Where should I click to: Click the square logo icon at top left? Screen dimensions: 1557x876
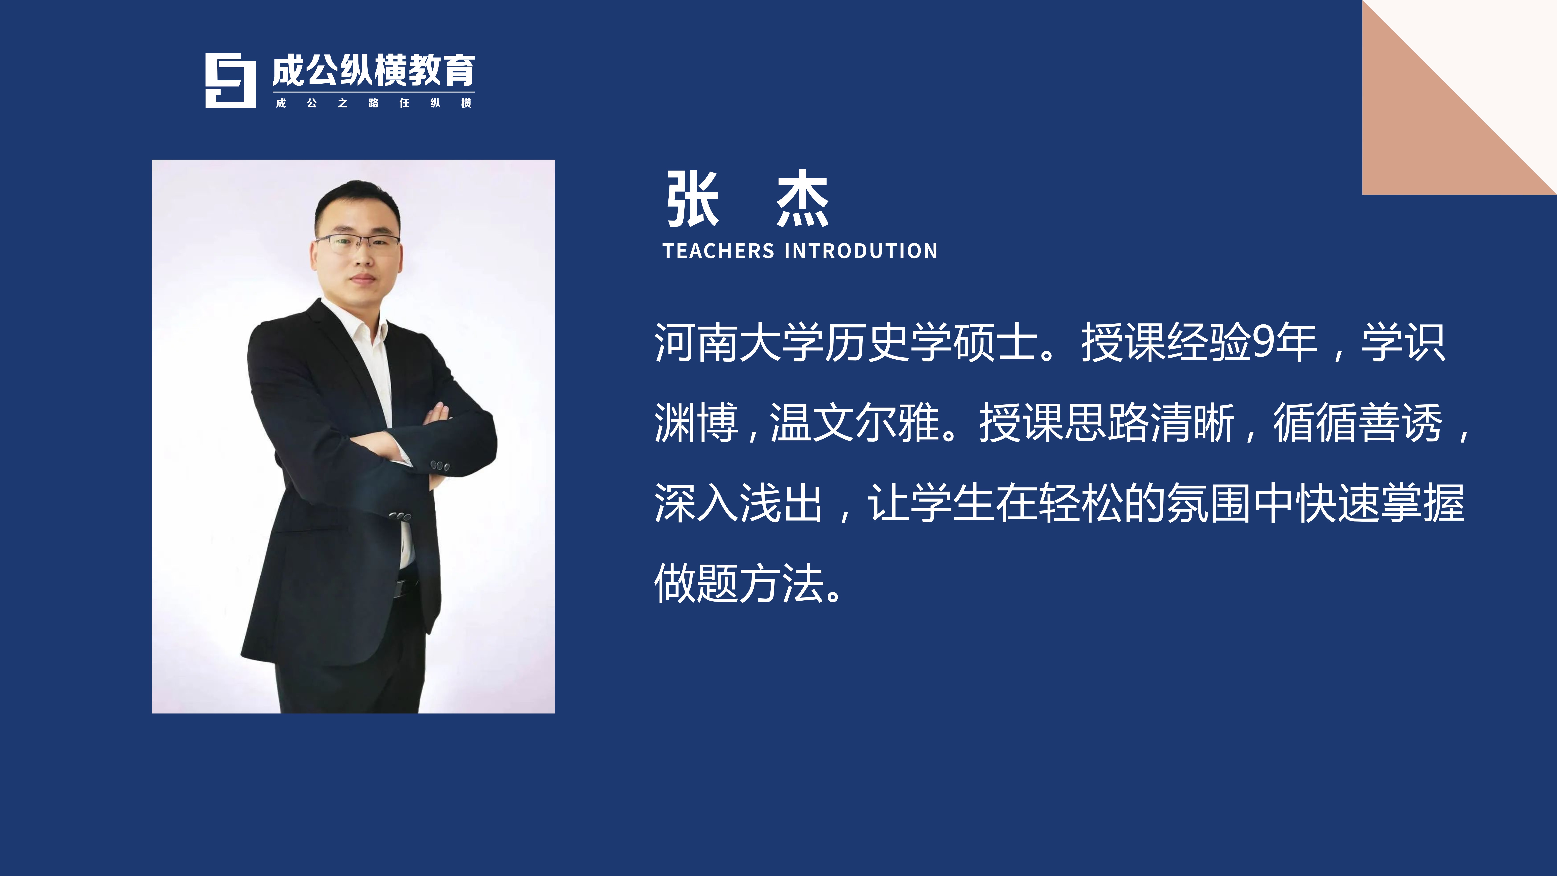[x=230, y=80]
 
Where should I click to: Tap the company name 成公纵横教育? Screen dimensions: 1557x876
[x=373, y=71]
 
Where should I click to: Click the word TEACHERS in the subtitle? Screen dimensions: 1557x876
[x=718, y=251]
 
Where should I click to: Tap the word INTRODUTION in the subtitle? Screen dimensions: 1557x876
[x=861, y=251]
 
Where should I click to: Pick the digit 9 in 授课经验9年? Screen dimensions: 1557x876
[x=1264, y=342]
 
